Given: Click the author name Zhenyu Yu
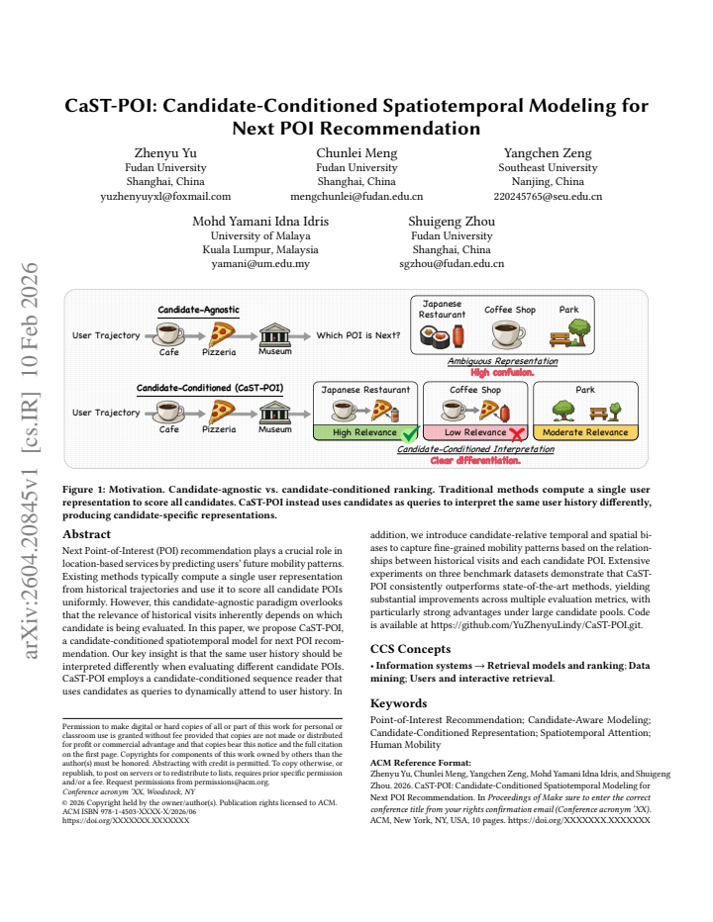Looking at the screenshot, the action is pyautogui.click(x=165, y=153).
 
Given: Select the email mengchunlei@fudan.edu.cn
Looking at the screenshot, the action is pyautogui.click(x=356, y=197).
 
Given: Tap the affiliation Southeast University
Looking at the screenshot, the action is pyautogui.click(x=548, y=167).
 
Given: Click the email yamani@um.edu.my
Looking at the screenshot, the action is pyautogui.click(x=260, y=264).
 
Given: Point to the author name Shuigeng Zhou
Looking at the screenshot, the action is pyautogui.click(x=452, y=221).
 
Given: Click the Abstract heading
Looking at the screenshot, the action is pyautogui.click(x=86, y=534).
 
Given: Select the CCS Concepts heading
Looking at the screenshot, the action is pyautogui.click(x=410, y=649).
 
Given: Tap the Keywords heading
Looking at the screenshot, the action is pyautogui.click(x=399, y=703).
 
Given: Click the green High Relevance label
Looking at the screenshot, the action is pyautogui.click(x=364, y=432).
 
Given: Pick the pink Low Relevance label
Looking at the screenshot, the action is pyautogui.click(x=474, y=432).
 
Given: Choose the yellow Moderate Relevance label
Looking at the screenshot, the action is pyautogui.click(x=585, y=432).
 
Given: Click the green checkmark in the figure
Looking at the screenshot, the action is pyautogui.click(x=410, y=434).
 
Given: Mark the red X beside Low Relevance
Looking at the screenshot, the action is pyautogui.click(x=517, y=434).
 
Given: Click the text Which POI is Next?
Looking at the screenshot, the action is pyautogui.click(x=357, y=335).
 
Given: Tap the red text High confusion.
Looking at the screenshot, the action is pyautogui.click(x=502, y=372).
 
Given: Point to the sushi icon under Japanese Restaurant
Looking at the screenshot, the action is pyautogui.click(x=434, y=336).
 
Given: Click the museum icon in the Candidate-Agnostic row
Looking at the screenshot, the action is pyautogui.click(x=275, y=334).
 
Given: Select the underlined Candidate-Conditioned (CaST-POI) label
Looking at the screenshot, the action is pyautogui.click(x=210, y=388).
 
